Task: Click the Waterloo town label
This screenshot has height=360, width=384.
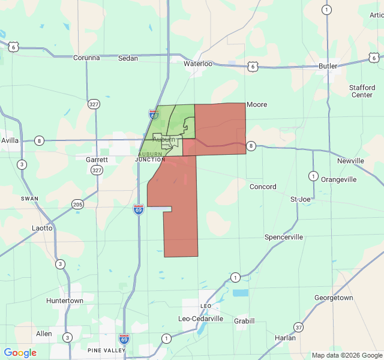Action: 198,64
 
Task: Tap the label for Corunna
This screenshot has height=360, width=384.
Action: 86,58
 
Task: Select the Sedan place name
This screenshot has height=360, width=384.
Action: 128,58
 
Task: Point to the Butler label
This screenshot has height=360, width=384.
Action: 328,66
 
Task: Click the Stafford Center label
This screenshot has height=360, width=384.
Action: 362,91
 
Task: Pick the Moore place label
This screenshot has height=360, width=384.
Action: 257,104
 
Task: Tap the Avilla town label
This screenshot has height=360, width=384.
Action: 10,140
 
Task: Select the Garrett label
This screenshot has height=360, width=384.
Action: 97,160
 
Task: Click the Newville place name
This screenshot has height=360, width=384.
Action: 350,161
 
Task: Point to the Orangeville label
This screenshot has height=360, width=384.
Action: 339,179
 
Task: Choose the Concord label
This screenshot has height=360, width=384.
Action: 263,187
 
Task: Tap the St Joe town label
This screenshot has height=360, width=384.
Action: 301,199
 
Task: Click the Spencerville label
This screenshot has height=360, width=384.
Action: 284,238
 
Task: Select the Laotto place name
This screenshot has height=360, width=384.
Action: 42,228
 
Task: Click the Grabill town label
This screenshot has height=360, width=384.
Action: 244,320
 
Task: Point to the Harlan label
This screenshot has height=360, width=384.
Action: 285,338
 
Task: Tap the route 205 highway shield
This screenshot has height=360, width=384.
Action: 78,204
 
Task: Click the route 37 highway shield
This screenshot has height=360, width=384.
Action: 298,327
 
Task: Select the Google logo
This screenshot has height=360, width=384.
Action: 20,353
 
